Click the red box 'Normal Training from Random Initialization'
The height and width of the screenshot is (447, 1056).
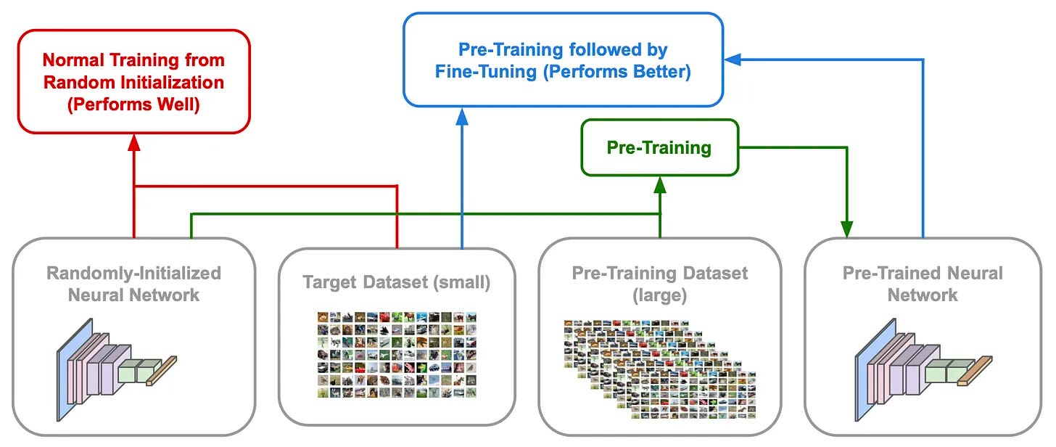tap(133, 81)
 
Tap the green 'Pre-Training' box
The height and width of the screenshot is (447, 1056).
tap(659, 148)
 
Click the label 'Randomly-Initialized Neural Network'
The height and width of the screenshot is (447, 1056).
tap(133, 284)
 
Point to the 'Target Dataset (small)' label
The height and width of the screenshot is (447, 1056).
tap(396, 283)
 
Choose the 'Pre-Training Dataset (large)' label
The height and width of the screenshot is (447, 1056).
tap(659, 284)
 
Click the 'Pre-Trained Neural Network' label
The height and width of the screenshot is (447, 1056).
tap(923, 284)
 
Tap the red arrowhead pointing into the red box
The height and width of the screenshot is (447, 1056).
tap(133, 143)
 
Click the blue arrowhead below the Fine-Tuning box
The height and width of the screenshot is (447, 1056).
tap(463, 115)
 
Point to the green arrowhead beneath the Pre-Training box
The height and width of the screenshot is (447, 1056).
tap(659, 185)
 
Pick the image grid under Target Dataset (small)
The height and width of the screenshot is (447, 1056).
tap(397, 355)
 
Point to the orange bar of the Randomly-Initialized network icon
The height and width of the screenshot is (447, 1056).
tap(162, 369)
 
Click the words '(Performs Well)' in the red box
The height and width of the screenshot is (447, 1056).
tap(133, 104)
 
